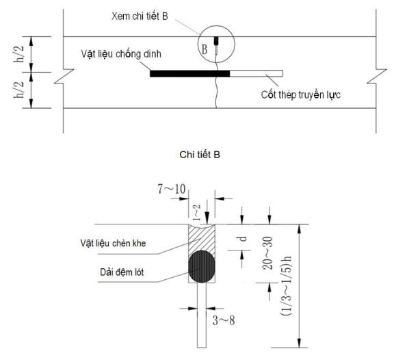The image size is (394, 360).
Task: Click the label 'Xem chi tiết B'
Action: (x=140, y=16)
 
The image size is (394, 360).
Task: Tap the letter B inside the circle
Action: (x=205, y=49)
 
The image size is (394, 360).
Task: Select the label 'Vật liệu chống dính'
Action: (x=121, y=54)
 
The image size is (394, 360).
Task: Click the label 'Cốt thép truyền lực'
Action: (x=301, y=94)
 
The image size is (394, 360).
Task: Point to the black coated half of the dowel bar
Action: (x=190, y=73)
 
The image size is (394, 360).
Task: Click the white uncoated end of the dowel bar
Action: (x=257, y=73)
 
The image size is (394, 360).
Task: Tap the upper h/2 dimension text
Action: (x=19, y=54)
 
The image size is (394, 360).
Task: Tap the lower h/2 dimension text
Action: (x=19, y=90)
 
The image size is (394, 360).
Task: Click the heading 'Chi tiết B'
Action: (x=200, y=155)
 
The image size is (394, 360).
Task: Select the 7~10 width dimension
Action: (x=172, y=189)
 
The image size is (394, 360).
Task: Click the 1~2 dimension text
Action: (x=197, y=213)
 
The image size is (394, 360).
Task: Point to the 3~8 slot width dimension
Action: (x=224, y=320)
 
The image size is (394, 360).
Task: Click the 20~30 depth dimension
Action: (x=267, y=253)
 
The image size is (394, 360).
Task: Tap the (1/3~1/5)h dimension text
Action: (x=286, y=286)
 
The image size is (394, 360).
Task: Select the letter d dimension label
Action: (x=243, y=238)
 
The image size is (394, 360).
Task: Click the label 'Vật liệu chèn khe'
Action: (x=113, y=243)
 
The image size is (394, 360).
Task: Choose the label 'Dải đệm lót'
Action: (x=122, y=272)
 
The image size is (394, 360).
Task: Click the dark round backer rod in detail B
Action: (x=202, y=266)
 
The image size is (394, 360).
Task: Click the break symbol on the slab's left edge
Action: (x=64, y=76)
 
